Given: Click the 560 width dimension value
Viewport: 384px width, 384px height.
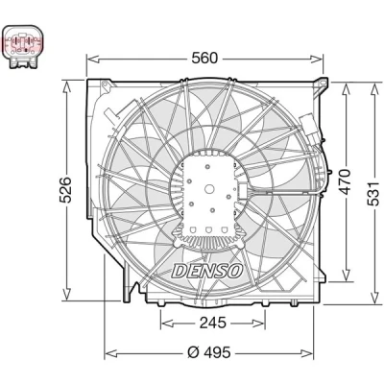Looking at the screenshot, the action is click(204, 59).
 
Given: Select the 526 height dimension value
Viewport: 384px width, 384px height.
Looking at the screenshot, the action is click(66, 189).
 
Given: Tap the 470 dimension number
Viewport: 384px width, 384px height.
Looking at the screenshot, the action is click(346, 182).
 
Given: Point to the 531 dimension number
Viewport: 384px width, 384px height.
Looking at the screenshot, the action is click(374, 194).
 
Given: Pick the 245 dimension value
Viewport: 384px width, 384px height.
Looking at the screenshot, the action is click(213, 323).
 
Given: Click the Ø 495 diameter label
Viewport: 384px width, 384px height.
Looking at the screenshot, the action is click(208, 352).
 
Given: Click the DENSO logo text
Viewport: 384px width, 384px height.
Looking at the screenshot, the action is click(207, 272).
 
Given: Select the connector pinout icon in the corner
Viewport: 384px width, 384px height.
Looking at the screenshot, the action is click(21, 46).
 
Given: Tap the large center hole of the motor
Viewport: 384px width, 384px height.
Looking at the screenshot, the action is click(209, 189).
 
